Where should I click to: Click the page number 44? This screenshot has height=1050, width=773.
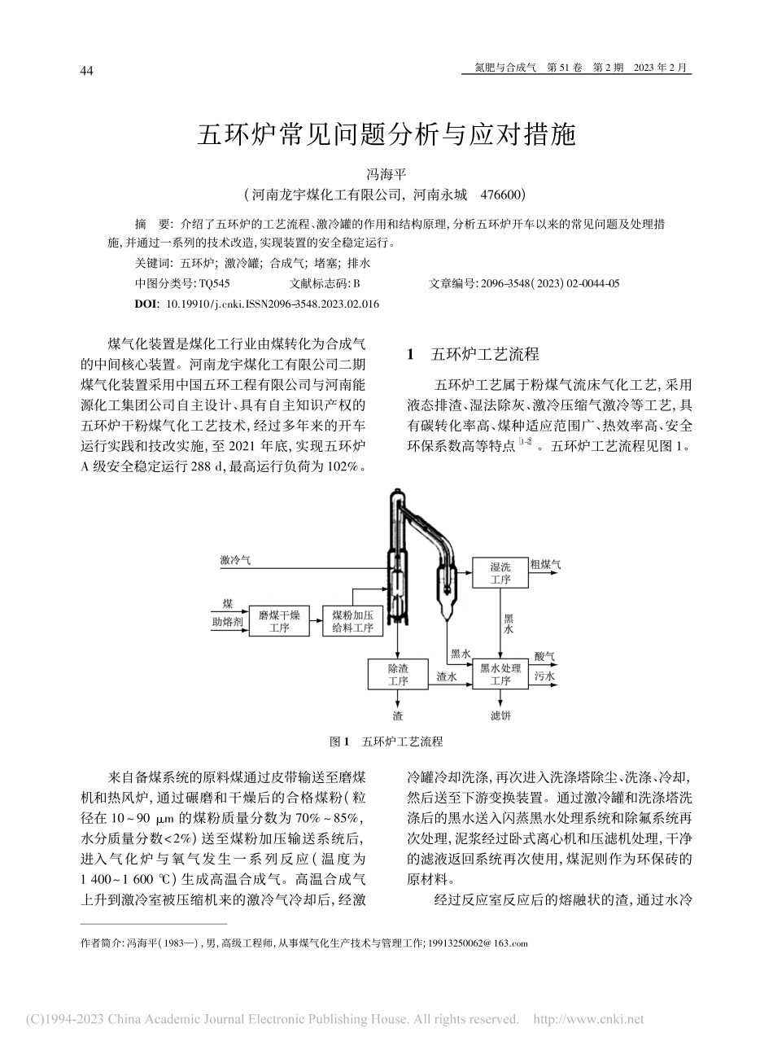coord(86,71)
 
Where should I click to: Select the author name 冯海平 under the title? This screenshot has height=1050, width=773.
coord(386,174)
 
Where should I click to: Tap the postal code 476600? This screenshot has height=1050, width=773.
coord(500,195)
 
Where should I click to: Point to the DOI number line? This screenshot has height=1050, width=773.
coord(256,304)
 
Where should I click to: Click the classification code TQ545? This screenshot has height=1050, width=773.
coord(214,283)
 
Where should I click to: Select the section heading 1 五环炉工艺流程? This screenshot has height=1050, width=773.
coord(473,354)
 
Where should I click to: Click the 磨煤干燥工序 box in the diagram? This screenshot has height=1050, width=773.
coord(279,621)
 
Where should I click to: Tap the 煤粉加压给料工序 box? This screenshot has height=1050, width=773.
coord(352,621)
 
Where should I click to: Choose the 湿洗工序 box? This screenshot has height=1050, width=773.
coord(500,573)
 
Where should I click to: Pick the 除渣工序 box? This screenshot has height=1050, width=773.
coord(397,674)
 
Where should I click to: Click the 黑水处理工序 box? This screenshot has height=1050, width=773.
coord(500,674)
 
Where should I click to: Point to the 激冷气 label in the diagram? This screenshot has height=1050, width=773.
coord(235,560)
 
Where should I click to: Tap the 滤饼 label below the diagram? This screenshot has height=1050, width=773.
coord(500,715)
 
